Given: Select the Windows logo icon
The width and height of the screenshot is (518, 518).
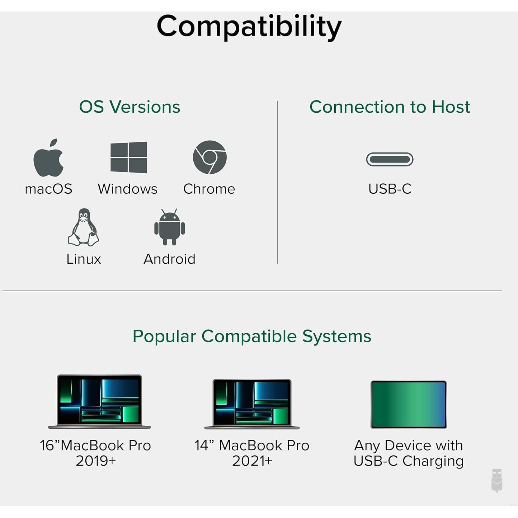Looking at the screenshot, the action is click(129, 157).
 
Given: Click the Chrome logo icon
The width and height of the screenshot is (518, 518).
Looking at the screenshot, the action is click(209, 157).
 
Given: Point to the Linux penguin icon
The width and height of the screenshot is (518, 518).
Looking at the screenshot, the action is click(84, 227).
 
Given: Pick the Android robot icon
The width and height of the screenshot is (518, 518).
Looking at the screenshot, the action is click(170, 227).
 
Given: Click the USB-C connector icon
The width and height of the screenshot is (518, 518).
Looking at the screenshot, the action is click(390, 159).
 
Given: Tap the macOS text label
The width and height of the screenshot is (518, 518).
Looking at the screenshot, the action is click(49, 189).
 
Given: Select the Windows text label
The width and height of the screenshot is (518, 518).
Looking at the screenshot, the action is click(128, 189).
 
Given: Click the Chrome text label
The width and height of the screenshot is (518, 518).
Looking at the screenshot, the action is click(209, 189).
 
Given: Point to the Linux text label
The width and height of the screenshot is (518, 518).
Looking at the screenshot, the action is click(84, 259).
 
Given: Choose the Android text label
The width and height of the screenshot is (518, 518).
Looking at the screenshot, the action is click(170, 259).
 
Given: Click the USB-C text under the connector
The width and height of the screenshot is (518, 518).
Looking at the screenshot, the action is click(390, 189).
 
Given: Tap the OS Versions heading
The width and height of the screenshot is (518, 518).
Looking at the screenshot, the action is click(129, 107).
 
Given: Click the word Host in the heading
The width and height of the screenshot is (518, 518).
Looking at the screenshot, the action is click(451, 107).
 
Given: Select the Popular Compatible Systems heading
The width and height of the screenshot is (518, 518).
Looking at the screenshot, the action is click(252, 336).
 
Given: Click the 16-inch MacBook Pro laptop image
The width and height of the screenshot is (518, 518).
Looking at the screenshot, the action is click(99, 402).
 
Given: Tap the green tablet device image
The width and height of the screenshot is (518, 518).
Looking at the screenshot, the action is click(409, 405).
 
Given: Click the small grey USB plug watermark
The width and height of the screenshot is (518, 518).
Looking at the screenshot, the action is click(497, 480).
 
